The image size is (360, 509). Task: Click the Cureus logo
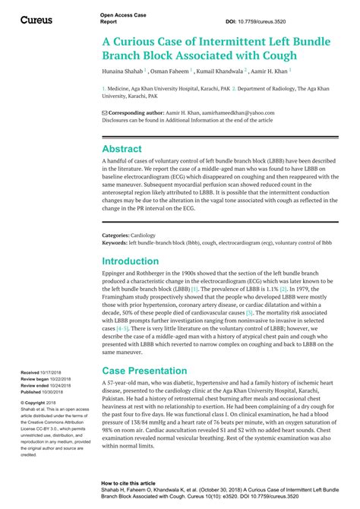coord(36,19)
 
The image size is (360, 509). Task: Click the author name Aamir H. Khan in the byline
coord(270,71)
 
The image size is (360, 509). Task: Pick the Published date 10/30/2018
coord(55,392)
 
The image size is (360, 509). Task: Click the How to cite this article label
coord(130,482)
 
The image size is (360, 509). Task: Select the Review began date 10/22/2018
coord(60,379)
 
